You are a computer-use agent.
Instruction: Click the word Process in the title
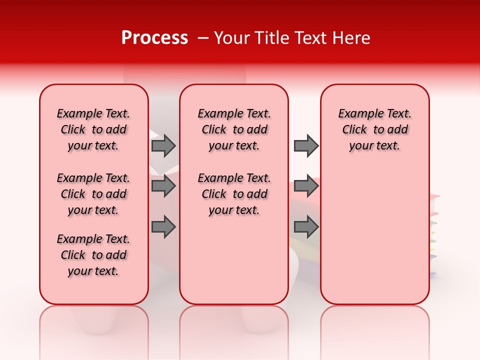click(154, 38)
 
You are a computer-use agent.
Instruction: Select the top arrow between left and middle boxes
click(163, 145)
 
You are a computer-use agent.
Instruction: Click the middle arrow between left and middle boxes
click(163, 186)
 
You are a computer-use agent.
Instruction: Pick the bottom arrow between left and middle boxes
click(163, 227)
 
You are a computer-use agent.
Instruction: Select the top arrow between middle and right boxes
click(306, 145)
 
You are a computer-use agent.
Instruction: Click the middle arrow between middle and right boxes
click(306, 186)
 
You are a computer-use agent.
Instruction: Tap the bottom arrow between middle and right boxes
click(306, 227)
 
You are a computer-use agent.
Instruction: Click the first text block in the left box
click(93, 129)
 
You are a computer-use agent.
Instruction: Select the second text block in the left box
click(93, 194)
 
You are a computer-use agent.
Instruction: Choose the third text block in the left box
click(93, 255)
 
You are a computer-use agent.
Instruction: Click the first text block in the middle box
click(234, 129)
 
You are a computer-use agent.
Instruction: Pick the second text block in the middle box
click(234, 194)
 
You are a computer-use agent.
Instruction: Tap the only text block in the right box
click(375, 129)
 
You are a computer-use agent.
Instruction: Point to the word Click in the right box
click(354, 129)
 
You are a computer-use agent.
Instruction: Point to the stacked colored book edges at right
click(433, 235)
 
